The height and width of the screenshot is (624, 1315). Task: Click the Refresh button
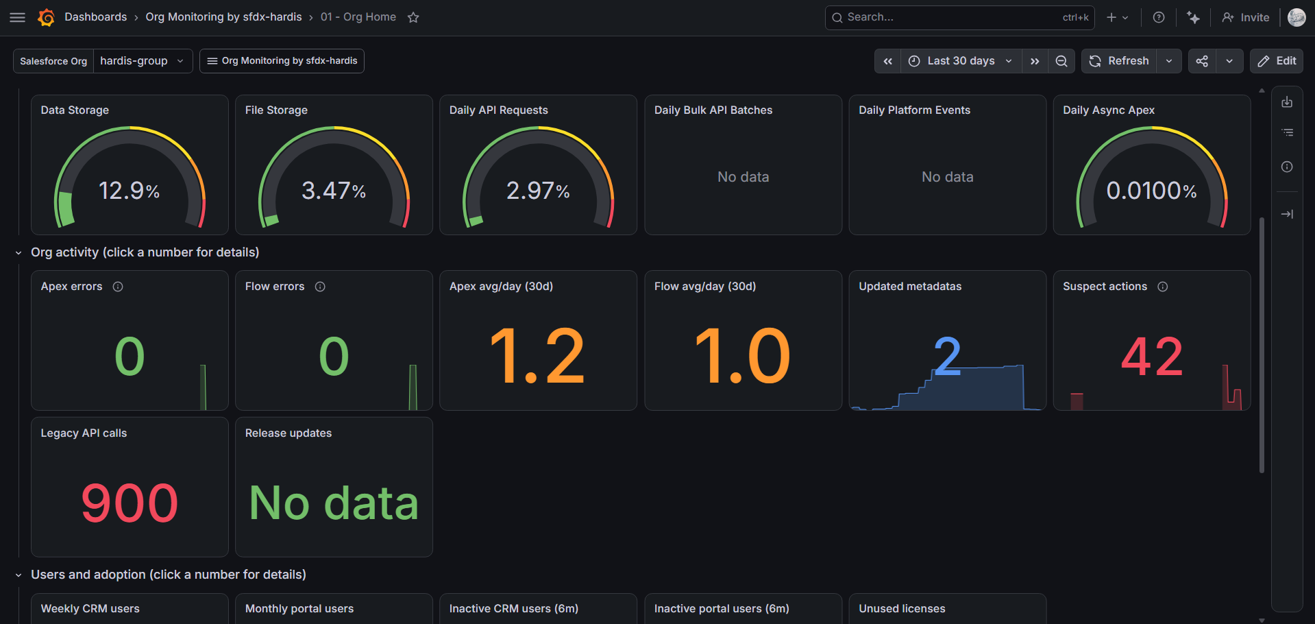coord(1119,61)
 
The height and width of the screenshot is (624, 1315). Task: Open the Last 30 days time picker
coord(961,61)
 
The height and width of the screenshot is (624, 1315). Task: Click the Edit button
coord(1277,61)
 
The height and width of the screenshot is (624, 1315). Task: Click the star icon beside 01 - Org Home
coord(413,18)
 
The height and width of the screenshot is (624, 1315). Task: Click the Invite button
coord(1246,18)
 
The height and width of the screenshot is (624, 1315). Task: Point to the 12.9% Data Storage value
coord(130,191)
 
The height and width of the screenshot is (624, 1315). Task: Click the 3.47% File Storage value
coord(334,191)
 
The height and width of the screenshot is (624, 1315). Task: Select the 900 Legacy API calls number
coord(130,503)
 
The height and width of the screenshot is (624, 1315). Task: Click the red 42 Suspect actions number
coord(1152,357)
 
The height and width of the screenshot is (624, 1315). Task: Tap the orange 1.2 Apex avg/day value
coord(538,356)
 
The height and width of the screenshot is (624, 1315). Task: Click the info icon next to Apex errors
coord(118,287)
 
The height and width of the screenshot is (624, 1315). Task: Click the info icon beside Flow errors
coord(320,287)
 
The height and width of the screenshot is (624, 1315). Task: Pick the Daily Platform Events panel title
coord(914,110)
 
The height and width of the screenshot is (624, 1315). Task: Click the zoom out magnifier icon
coord(1061,61)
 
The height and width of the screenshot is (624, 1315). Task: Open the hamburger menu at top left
coord(18,18)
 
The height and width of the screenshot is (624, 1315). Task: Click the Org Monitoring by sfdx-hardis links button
coord(282,61)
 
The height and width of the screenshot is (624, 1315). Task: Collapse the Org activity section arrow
coord(19,253)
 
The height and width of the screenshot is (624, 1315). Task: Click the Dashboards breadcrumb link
coord(96,17)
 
